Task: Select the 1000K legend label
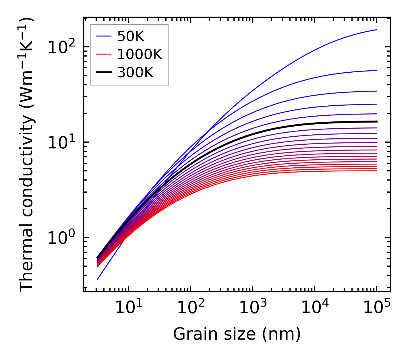tap(140, 55)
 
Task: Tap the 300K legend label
tap(135, 73)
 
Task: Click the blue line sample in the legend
tap(104, 36)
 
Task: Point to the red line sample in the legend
tap(104, 55)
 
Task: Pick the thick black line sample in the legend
tap(104, 73)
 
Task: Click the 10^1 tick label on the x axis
tap(128, 308)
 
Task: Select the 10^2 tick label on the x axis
tap(190, 308)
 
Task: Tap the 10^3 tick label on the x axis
tap(252, 308)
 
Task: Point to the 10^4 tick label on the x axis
tap(315, 308)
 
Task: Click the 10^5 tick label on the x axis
tap(377, 308)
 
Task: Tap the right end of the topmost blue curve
tap(377, 30)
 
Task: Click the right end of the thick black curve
tap(377, 121)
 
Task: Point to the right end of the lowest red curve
tap(377, 171)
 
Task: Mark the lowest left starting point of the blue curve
tap(98, 279)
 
